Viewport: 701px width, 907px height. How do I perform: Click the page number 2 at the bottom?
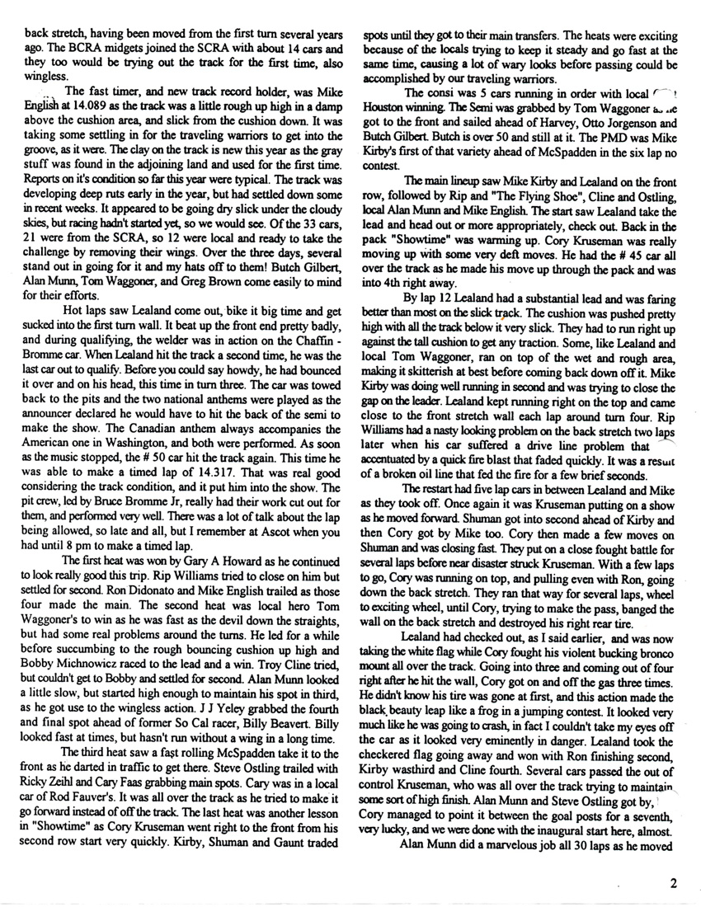coord(673,884)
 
